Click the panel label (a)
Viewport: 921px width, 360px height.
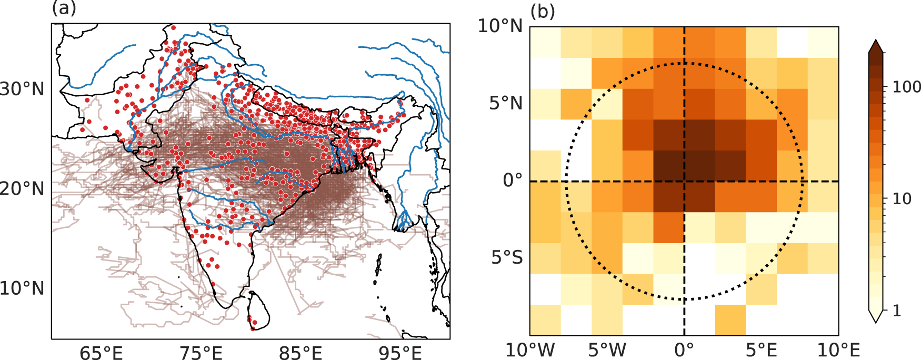pos(64,9)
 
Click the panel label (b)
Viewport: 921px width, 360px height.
pos(543,10)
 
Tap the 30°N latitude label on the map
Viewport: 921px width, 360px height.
pos(22,89)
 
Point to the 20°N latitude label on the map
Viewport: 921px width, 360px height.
pos(22,188)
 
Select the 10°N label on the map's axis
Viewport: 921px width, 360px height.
pos(22,288)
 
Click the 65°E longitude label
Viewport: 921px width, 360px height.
pos(101,353)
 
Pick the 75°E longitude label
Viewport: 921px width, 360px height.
pos(201,353)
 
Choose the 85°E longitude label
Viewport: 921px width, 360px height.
pos(301,353)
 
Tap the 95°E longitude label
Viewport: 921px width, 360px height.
pos(401,353)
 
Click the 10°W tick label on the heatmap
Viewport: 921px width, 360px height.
pos(530,350)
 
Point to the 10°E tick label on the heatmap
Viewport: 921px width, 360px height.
pos(838,350)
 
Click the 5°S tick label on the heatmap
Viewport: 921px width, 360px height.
pos(507,258)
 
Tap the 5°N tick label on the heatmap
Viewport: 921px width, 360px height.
pos(506,103)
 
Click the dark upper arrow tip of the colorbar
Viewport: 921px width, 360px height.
pos(876,40)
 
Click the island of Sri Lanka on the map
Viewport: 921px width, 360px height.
pos(257,311)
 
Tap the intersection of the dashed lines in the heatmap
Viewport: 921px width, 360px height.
pos(684,181)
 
